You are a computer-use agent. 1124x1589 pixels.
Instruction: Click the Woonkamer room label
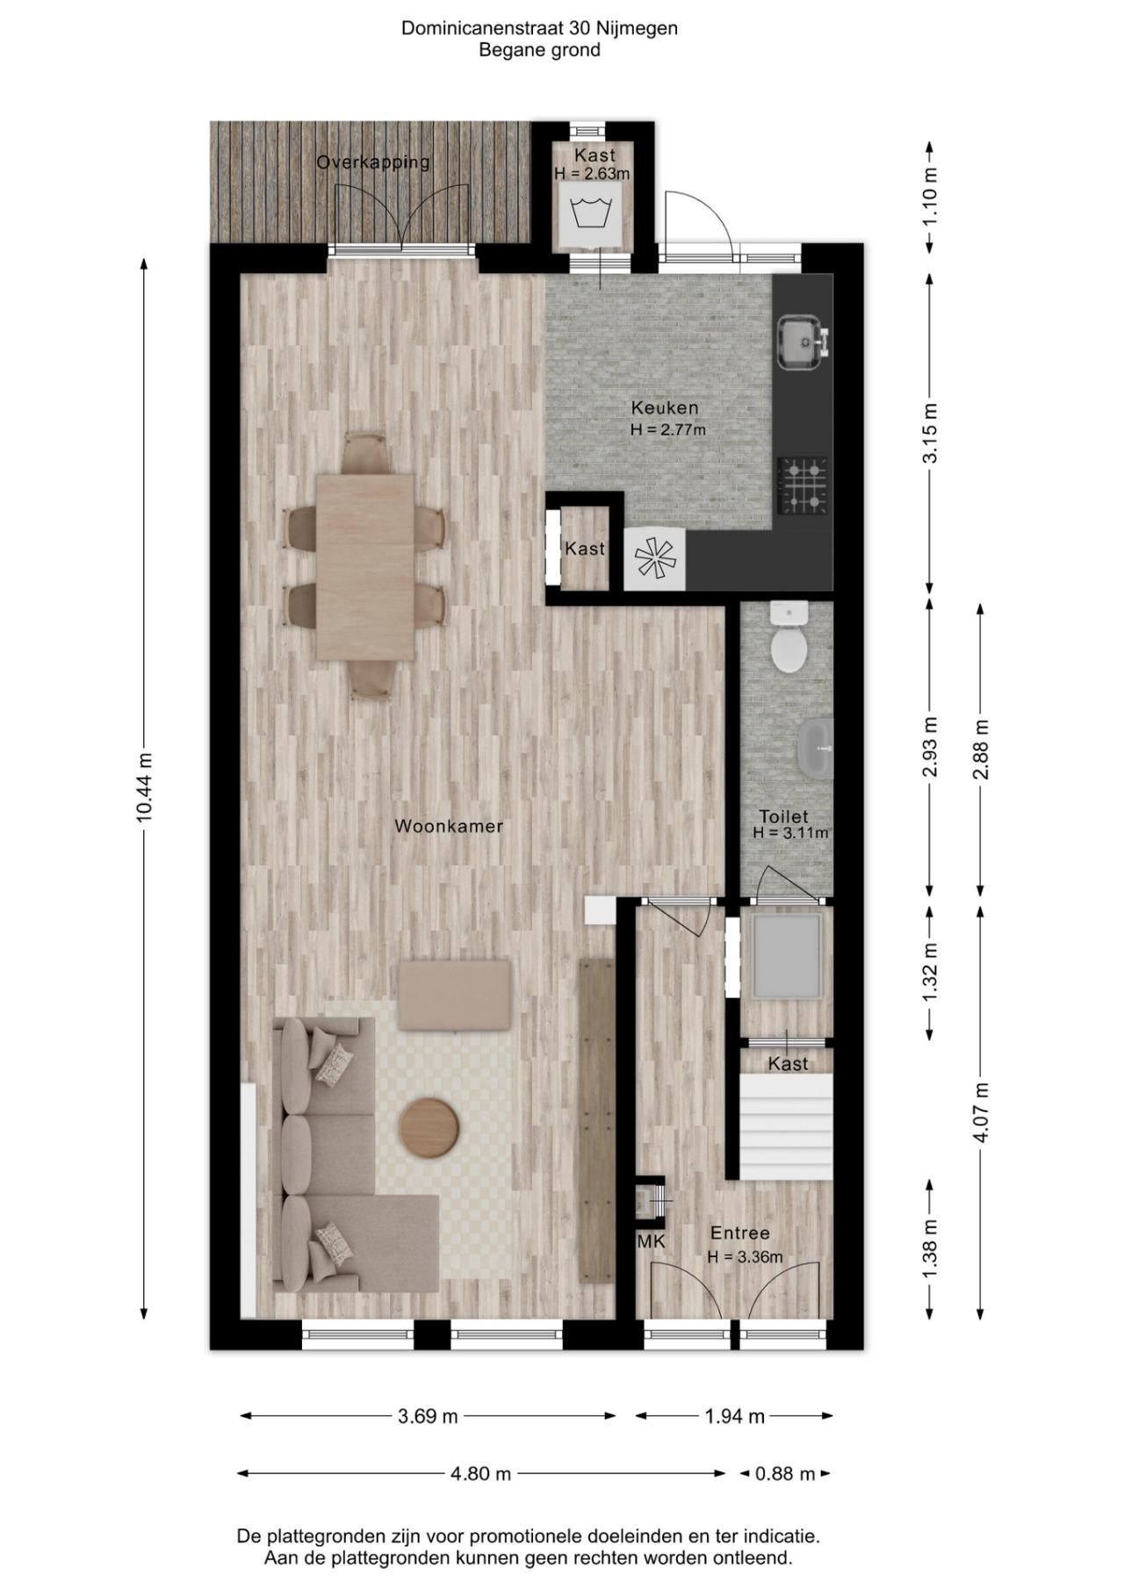448,826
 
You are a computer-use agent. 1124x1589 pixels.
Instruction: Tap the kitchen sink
801,342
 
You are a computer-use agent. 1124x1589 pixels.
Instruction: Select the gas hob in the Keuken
803,485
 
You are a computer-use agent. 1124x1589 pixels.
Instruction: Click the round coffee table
429,1128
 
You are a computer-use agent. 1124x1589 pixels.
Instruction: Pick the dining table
365,566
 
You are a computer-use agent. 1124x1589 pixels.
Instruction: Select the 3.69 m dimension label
428,1416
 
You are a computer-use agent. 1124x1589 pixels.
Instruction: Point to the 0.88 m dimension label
785,1474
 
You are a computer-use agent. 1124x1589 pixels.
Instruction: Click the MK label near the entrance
651,1241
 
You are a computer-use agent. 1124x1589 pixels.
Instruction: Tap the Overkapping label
373,162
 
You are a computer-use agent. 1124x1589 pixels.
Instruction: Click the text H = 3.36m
745,1257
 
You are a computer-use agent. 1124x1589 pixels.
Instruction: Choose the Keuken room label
665,407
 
